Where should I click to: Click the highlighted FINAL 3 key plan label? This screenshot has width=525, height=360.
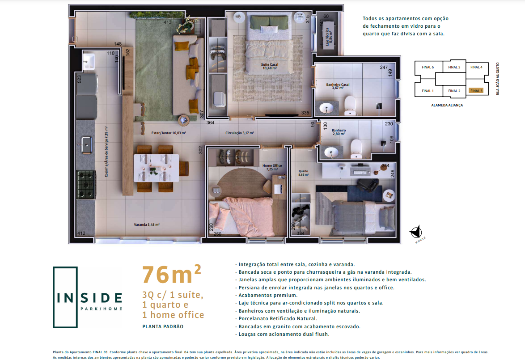coord(476,91)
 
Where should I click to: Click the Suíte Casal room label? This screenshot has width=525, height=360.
coord(270,66)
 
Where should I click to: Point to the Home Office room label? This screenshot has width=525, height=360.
coord(272,167)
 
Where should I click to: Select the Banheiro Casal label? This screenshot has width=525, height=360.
coord(338,86)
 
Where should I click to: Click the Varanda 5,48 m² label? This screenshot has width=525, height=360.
coord(147,224)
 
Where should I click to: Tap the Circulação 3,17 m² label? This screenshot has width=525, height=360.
coord(239,133)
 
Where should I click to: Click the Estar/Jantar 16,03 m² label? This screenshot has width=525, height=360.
coord(169,133)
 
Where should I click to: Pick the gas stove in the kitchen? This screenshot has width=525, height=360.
coord(86,185)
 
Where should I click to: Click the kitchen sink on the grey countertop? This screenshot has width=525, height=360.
coord(86,145)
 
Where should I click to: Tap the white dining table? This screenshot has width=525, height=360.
coord(156,168)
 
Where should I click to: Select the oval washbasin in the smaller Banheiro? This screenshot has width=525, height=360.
coord(331,152)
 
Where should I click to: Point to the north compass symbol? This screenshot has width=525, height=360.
coord(416,232)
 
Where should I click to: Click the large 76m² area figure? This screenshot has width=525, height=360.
coord(171,275)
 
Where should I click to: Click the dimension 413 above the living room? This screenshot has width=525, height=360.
coord(167,22)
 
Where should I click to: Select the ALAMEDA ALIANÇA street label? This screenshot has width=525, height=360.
coord(447,105)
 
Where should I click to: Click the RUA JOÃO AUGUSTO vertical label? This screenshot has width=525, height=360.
coord(498,79)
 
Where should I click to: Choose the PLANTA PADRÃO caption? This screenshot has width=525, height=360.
coord(163,326)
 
